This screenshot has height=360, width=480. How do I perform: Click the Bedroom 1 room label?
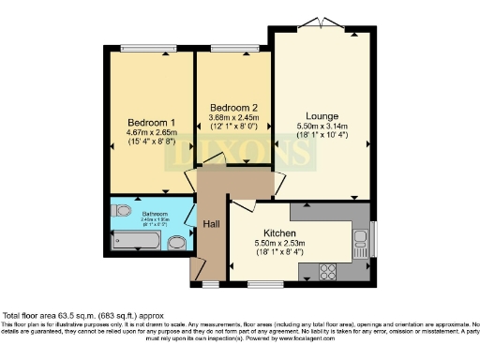click(x=152, y=123)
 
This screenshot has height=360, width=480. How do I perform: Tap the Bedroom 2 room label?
click(x=230, y=106)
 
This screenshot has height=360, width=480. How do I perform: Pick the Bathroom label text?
click(x=155, y=214)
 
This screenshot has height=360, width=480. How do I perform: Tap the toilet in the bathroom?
click(x=176, y=243)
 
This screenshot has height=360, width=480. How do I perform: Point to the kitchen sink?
click(x=358, y=247)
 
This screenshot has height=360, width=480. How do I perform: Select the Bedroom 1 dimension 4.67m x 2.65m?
click(x=152, y=133)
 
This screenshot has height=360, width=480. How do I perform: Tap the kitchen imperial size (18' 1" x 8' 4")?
click(x=279, y=252)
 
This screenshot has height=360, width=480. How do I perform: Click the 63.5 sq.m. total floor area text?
click(x=64, y=315)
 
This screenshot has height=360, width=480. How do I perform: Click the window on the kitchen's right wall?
click(x=372, y=235)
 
